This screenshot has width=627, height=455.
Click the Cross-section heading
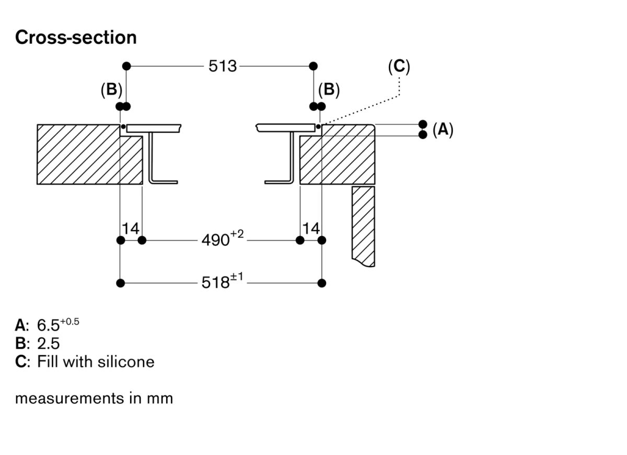pyautogui.click(x=76, y=38)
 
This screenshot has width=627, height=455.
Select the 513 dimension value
pyautogui.click(x=223, y=66)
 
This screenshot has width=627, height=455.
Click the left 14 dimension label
pyautogui.click(x=131, y=229)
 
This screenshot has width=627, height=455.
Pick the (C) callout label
pyautogui.click(x=399, y=66)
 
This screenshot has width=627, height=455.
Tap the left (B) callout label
pyautogui.click(x=111, y=90)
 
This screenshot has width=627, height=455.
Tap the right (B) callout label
pyautogui.click(x=329, y=90)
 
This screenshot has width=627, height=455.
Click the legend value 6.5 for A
pyautogui.click(x=50, y=325)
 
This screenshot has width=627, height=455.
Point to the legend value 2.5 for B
pyautogui.click(x=49, y=343)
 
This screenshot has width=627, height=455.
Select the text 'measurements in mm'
pyautogui.click(x=94, y=399)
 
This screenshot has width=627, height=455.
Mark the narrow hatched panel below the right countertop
pyautogui.click(x=364, y=224)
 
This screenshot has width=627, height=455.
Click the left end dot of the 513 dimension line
pyautogui.click(x=126, y=66)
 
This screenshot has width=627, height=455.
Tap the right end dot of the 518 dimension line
pyautogui.click(x=322, y=283)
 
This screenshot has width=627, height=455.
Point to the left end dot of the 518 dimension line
pyautogui.click(x=121, y=283)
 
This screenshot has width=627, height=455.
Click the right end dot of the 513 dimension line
pyautogui.click(x=313, y=66)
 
